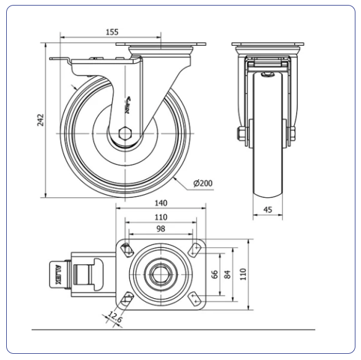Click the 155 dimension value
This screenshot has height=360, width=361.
[112, 32]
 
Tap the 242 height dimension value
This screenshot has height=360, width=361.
[40, 120]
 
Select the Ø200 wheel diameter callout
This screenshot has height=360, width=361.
[203, 183]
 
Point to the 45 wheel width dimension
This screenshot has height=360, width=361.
[267, 210]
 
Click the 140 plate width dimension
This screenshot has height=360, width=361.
[161, 203]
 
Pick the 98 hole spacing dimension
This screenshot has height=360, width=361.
[161, 229]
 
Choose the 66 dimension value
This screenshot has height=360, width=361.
[215, 274]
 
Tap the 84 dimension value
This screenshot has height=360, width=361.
[227, 274]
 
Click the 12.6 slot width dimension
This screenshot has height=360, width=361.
[115, 317]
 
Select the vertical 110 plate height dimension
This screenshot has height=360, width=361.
[243, 274]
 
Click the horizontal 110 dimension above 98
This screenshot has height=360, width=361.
[161, 217]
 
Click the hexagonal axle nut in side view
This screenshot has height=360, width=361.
[125, 134]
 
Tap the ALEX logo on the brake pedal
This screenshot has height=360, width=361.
[58, 275]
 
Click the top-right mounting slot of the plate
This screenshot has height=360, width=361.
[195, 250]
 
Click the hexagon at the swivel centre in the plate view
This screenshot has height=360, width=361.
[161, 274]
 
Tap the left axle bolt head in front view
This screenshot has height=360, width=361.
[240, 134]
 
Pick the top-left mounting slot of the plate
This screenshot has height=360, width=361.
[127, 250]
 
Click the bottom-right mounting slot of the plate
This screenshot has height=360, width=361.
[195, 299]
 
